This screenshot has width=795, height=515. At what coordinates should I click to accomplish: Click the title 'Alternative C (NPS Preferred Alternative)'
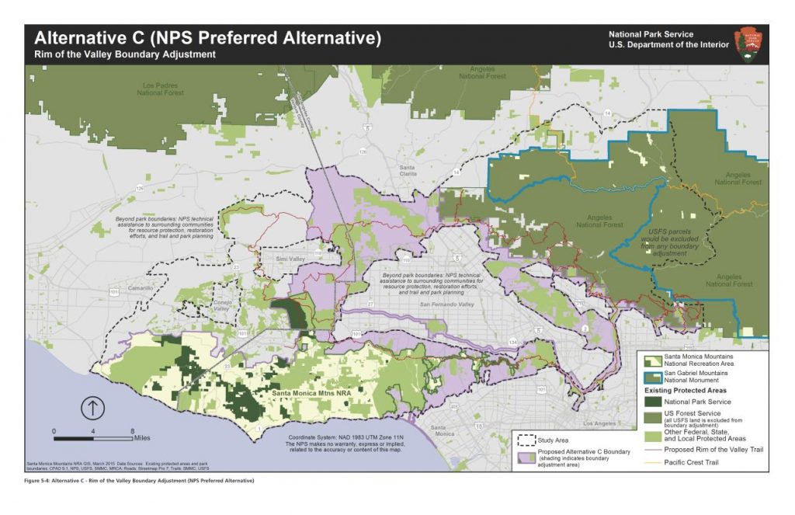tap(207, 38)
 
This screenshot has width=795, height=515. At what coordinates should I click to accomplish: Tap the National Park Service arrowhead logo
tap(750, 43)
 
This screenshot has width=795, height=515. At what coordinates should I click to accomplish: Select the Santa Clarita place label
tap(407, 170)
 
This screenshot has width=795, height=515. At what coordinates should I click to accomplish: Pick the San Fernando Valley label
tap(446, 304)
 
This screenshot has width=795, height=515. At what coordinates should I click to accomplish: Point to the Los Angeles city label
tap(598, 423)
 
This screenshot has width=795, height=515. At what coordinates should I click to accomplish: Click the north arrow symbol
tap(92, 407)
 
